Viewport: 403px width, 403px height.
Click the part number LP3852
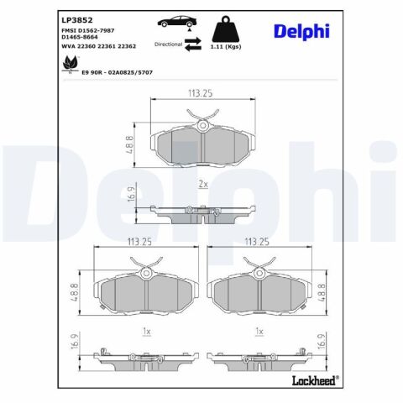(x=77, y=20)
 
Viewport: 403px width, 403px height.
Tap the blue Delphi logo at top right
(x=301, y=31)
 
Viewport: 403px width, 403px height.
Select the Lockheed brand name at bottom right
(x=315, y=380)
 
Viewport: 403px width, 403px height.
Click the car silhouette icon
(x=177, y=21)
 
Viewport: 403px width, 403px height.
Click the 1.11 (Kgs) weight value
(x=226, y=47)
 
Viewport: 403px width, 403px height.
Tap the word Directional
(x=168, y=44)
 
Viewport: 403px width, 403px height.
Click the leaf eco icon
(x=71, y=65)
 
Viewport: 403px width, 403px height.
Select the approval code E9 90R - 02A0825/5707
(x=117, y=72)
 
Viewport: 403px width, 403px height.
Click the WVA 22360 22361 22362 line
(x=98, y=46)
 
